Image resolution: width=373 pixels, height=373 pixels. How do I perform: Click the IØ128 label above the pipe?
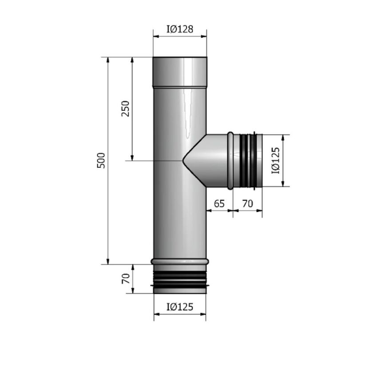pyautogui.click(x=180, y=29)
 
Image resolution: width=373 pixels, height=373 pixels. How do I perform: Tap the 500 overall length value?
pyautogui.click(x=101, y=160)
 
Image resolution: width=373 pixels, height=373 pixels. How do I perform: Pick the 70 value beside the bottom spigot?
pyautogui.click(x=125, y=279)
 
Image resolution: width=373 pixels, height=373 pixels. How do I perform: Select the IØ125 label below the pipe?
pyautogui.click(x=180, y=307)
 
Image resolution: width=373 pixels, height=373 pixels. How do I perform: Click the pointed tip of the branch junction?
pyautogui.click(x=183, y=160)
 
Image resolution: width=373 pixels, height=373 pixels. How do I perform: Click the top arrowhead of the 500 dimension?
pyautogui.click(x=108, y=60)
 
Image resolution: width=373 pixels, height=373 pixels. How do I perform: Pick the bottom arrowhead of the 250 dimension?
pyautogui.click(x=132, y=157)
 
